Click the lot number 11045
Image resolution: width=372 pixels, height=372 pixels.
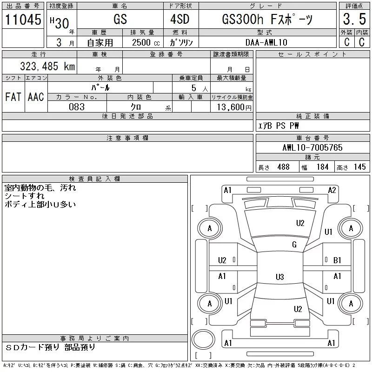point(23,20)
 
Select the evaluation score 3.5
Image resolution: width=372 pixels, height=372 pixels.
point(354,19)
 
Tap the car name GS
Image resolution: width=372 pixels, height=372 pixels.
point(120,19)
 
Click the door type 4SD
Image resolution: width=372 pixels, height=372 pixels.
point(180,19)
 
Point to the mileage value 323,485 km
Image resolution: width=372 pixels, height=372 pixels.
point(47,66)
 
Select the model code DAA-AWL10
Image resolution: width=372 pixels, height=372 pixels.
point(266,42)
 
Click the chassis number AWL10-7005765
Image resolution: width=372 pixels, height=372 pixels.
point(312,147)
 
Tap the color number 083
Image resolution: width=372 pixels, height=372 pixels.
point(77,107)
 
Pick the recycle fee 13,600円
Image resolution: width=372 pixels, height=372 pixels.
point(234,107)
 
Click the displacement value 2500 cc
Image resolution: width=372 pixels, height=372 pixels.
point(146,42)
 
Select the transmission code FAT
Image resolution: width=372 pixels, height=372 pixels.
point(13,97)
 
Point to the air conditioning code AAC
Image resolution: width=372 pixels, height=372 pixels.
point(36,97)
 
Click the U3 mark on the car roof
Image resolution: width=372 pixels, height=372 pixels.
point(280,277)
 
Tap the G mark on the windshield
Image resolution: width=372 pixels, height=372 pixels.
point(294,245)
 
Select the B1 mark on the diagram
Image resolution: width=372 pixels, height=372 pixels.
point(337,260)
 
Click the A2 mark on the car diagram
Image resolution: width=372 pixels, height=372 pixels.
point(332,190)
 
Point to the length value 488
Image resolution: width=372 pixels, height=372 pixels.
point(284,167)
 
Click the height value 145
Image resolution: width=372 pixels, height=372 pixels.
point(359,167)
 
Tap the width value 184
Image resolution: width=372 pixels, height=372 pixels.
point(322,167)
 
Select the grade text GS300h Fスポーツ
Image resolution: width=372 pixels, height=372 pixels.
point(267,19)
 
